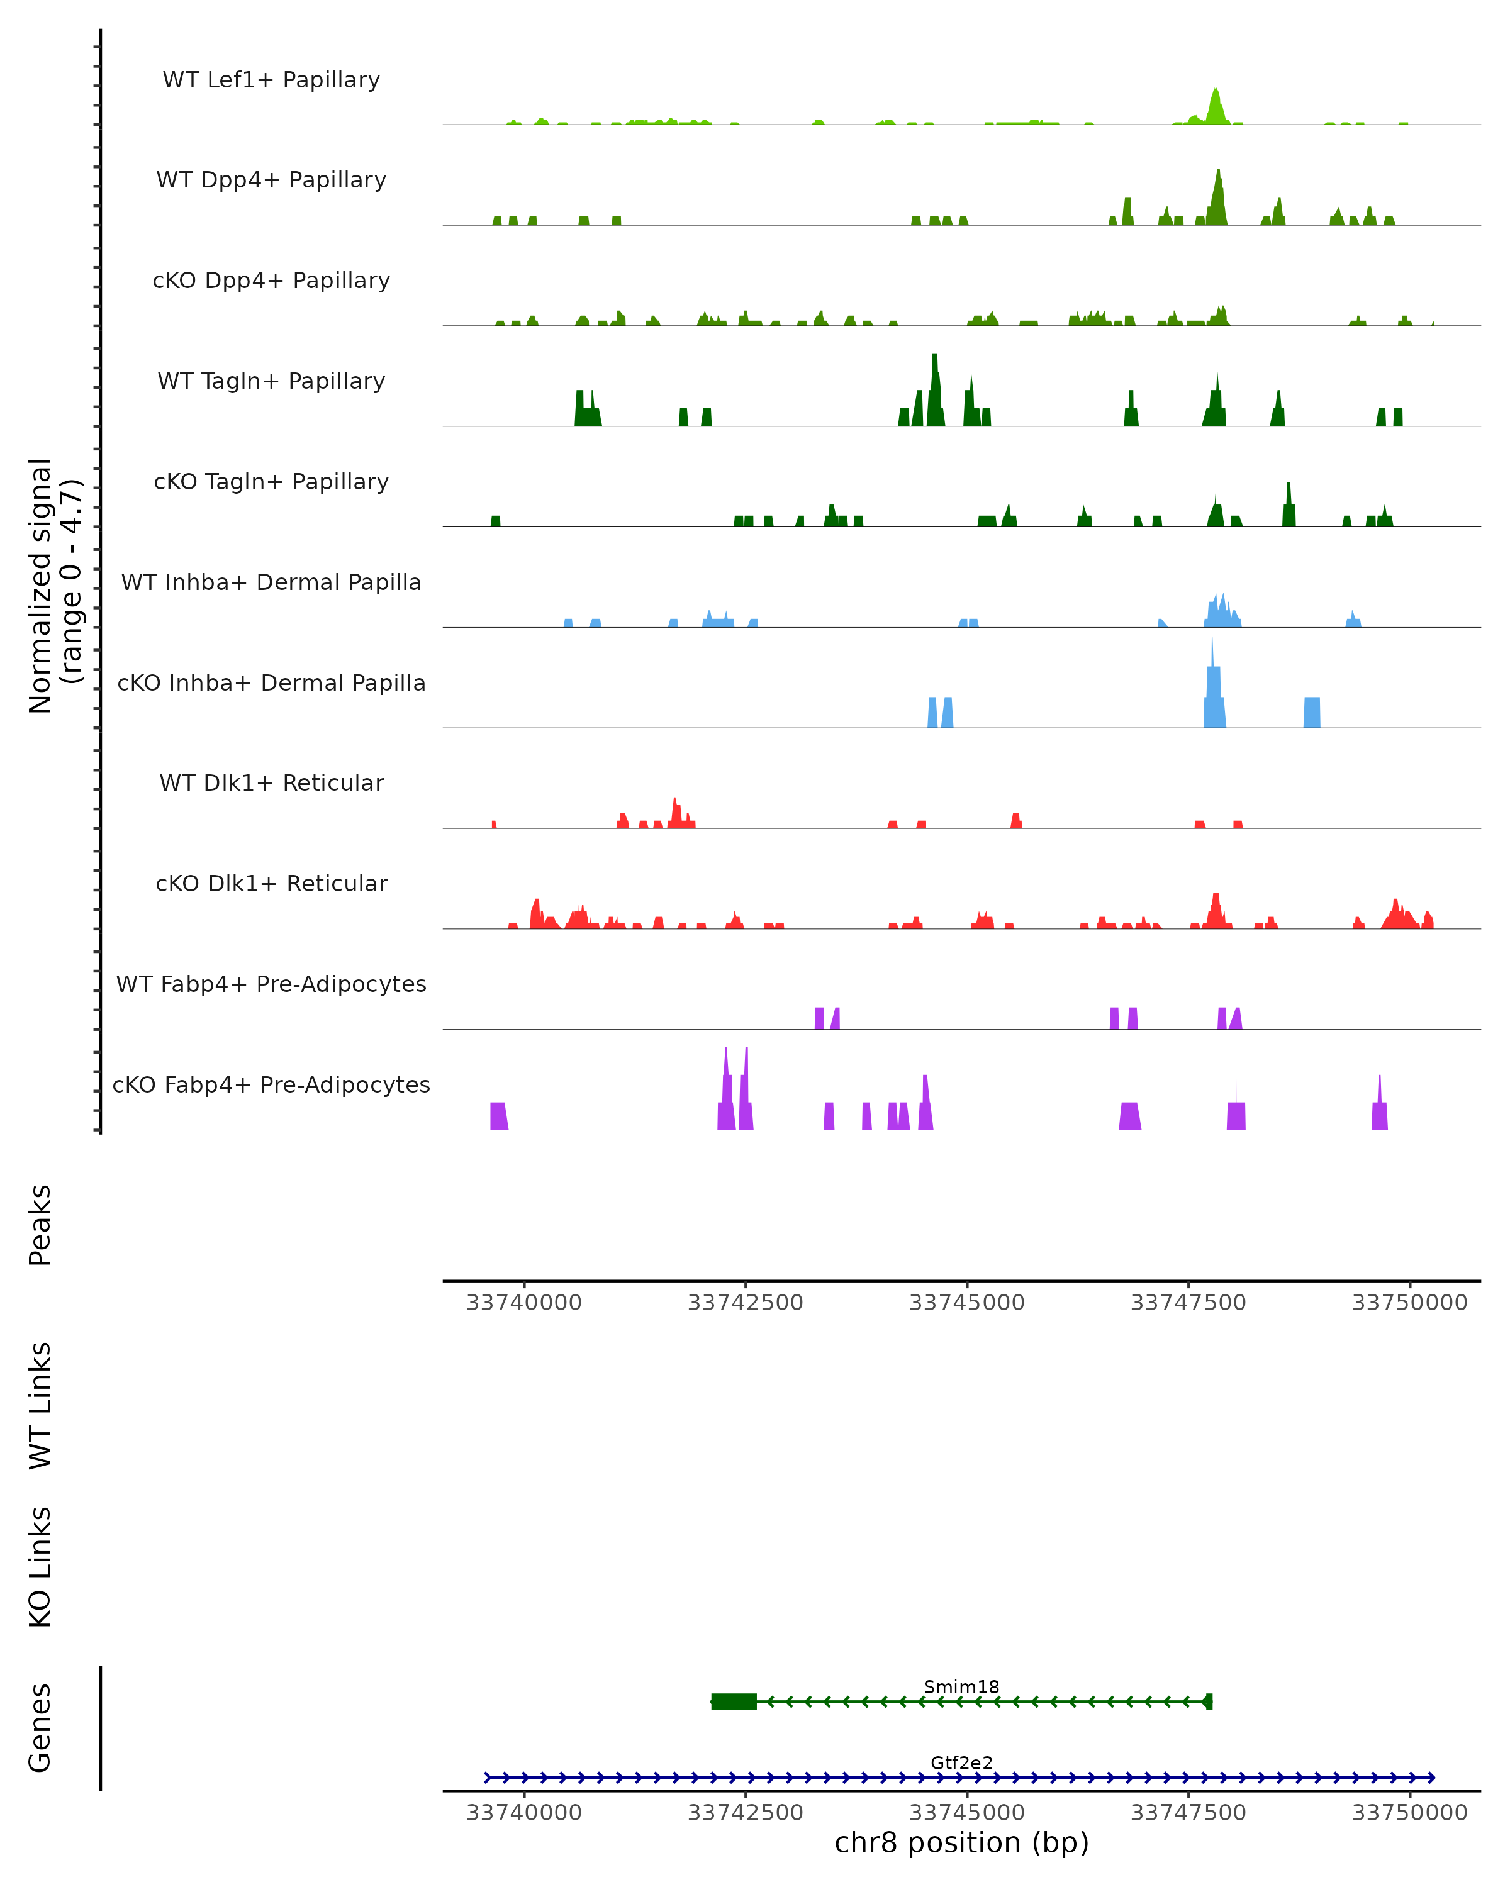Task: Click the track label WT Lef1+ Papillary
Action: (x=271, y=80)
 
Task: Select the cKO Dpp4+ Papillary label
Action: (x=271, y=280)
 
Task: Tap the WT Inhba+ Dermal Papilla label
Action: (x=271, y=582)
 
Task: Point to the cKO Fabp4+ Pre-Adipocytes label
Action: (x=271, y=1084)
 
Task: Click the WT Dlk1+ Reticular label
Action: (x=271, y=782)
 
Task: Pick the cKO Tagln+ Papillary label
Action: (x=271, y=481)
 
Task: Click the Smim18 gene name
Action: (x=961, y=1686)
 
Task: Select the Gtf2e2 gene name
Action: (x=961, y=1762)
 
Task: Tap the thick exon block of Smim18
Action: (x=734, y=1701)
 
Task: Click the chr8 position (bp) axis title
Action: (x=961, y=1842)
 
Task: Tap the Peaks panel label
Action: (x=40, y=1225)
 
